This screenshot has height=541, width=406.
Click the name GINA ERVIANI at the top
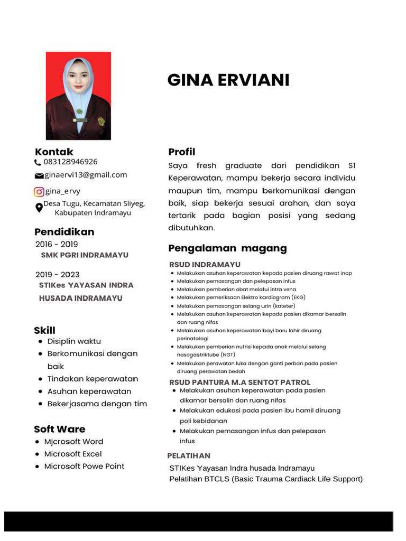coord(228,80)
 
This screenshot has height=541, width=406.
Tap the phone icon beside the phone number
coord(38,163)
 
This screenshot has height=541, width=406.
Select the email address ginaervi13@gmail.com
coord(86,175)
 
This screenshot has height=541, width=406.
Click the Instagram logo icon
coord(39,192)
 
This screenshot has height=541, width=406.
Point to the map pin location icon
coord(39,208)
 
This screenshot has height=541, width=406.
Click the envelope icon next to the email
coord(39,176)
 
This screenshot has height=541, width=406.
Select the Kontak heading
coord(54,152)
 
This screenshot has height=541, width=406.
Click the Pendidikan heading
coord(64,232)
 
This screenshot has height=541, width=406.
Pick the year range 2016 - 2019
coord(57,244)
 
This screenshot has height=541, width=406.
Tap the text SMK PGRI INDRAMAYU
coord(85,255)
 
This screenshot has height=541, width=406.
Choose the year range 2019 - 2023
coord(57,275)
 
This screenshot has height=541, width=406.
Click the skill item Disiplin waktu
coord(74,341)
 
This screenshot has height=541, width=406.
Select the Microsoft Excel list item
coord(73,454)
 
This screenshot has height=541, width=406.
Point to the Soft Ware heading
coord(59,429)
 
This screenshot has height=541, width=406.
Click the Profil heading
coord(181,152)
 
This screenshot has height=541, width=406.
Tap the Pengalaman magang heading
coord(227,248)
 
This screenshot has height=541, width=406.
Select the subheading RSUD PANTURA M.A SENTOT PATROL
coord(239,382)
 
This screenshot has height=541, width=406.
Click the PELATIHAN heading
coord(189,455)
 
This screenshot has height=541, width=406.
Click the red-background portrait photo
coord(78,96)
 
